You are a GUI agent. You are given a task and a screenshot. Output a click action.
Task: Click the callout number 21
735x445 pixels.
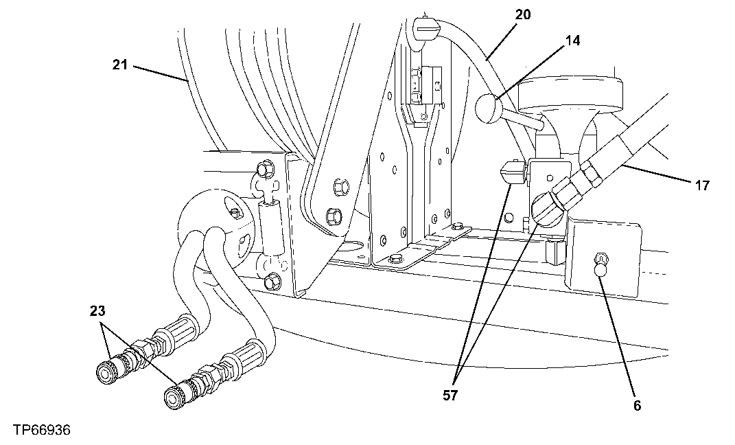120,65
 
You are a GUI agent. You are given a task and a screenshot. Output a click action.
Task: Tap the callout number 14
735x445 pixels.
572,41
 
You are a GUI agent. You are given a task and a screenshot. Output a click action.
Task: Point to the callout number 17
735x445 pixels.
701,185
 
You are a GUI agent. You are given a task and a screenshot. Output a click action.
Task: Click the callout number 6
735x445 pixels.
637,406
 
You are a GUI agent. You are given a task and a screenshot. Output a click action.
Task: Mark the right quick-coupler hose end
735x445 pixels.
174,396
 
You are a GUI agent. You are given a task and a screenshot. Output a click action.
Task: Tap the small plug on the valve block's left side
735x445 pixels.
509,172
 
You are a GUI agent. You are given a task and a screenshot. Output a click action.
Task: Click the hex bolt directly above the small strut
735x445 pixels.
262,169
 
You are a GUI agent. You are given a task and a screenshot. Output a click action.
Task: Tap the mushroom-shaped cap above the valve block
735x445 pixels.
571,94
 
